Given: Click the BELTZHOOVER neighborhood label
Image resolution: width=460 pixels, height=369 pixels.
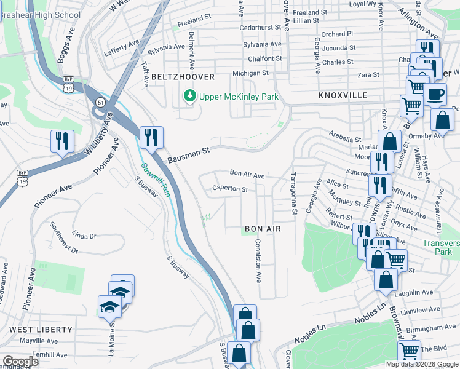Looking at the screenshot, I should tap(184, 77).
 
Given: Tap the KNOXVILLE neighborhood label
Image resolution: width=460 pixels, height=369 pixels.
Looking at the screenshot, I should tap(343, 96).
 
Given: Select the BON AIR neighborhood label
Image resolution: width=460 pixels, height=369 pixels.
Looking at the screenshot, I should tap(263, 229).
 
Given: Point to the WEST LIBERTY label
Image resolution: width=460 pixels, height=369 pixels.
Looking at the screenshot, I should tap(41, 330).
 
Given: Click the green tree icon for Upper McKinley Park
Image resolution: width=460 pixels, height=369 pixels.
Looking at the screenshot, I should tap(190, 97).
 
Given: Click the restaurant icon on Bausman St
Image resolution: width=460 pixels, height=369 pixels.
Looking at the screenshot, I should tap(150, 137).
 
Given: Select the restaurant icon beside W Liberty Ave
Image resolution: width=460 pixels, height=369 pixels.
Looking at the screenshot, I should tap(62, 141).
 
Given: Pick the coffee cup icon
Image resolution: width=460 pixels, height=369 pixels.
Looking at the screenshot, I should tap(435, 95).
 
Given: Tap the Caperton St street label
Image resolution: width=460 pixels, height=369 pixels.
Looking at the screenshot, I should tap(229, 189).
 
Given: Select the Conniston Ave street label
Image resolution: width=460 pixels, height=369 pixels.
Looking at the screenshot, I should tap(258, 261).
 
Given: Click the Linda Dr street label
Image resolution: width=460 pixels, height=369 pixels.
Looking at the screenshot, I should tap(84, 236).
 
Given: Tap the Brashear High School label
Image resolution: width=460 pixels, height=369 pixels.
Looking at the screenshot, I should tap(40, 15).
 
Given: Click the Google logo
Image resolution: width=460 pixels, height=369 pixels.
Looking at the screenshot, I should tap(20, 362).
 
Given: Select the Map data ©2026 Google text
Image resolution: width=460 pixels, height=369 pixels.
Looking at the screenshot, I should tap(422, 364).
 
